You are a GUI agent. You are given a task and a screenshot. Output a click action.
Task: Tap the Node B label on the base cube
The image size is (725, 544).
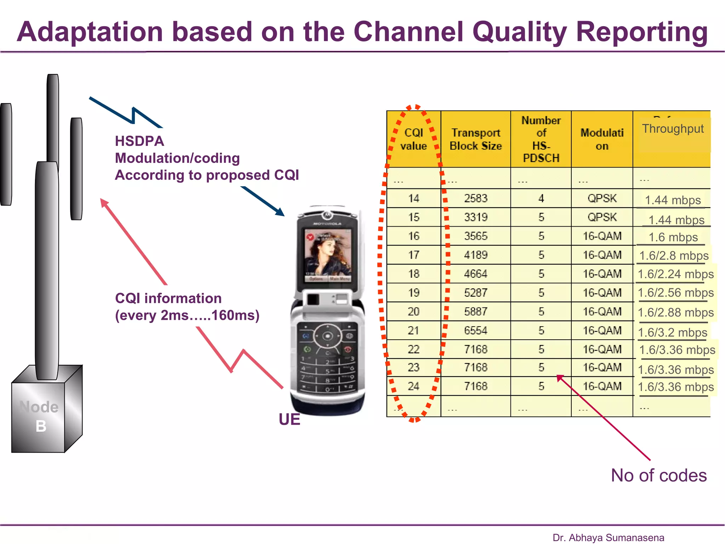click(x=39, y=416)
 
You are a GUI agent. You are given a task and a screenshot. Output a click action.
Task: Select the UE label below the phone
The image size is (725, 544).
click(x=289, y=419)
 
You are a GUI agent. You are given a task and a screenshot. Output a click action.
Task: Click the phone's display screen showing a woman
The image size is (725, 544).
click(x=328, y=254)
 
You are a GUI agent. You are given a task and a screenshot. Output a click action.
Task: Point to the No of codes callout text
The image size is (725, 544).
click(x=658, y=475)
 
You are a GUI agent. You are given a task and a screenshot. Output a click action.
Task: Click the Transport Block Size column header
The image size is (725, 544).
click(x=475, y=139)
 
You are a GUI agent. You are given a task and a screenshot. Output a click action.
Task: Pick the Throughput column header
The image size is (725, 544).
click(x=673, y=129)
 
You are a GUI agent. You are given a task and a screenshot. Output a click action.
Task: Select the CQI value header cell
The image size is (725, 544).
click(x=413, y=139)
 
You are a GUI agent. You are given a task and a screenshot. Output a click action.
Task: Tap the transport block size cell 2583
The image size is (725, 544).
click(x=475, y=198)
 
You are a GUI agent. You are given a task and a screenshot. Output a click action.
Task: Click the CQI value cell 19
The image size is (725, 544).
click(x=413, y=293)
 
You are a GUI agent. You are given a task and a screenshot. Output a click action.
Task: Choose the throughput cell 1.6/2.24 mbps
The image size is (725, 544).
click(x=675, y=274)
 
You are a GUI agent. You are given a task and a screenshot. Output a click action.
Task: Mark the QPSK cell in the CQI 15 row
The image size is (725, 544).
click(x=602, y=217)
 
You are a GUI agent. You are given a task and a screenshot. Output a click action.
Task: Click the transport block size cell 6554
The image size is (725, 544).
click(x=475, y=330)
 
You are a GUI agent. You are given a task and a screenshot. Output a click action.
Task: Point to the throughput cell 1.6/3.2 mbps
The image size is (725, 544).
click(x=672, y=333)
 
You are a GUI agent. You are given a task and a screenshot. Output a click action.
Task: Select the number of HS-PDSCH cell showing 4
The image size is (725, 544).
click(x=541, y=198)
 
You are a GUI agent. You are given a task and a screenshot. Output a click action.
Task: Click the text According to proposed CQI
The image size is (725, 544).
click(x=207, y=175)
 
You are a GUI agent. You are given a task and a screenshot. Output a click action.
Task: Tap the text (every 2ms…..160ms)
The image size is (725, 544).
click(x=187, y=315)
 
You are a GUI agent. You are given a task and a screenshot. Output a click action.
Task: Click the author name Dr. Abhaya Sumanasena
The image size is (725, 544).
click(x=608, y=538)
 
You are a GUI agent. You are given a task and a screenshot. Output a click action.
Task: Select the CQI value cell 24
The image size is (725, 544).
click(x=413, y=386)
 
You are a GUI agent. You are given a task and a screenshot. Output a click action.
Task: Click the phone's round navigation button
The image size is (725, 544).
click(x=328, y=336)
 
